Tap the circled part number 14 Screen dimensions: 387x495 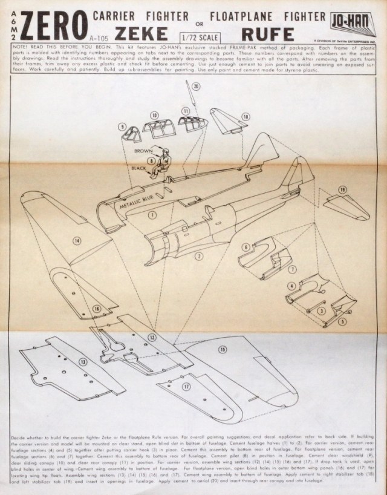77,241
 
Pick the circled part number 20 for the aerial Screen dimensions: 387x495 195,87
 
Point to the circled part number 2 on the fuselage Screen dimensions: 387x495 198,255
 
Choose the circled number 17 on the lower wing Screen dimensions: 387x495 186,385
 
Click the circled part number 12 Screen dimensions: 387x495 152,336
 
